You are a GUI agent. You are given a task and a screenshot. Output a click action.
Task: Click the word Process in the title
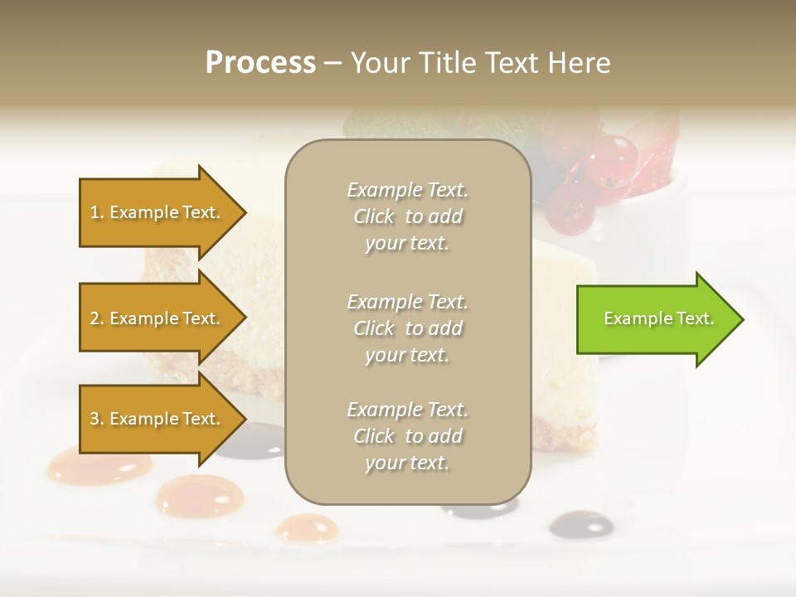tap(260, 63)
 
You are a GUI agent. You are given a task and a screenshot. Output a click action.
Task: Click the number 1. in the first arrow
tap(97, 212)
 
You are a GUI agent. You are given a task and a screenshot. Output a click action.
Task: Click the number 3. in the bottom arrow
tap(97, 419)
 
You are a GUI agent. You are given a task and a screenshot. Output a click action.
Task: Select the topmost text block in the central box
tap(407, 216)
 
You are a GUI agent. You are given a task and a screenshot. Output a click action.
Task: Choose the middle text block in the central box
tap(407, 328)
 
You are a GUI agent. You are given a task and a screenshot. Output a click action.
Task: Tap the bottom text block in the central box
tap(407, 436)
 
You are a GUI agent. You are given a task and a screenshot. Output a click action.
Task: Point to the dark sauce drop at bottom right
tap(580, 523)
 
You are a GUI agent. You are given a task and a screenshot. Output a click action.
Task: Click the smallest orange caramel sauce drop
tap(306, 527)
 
